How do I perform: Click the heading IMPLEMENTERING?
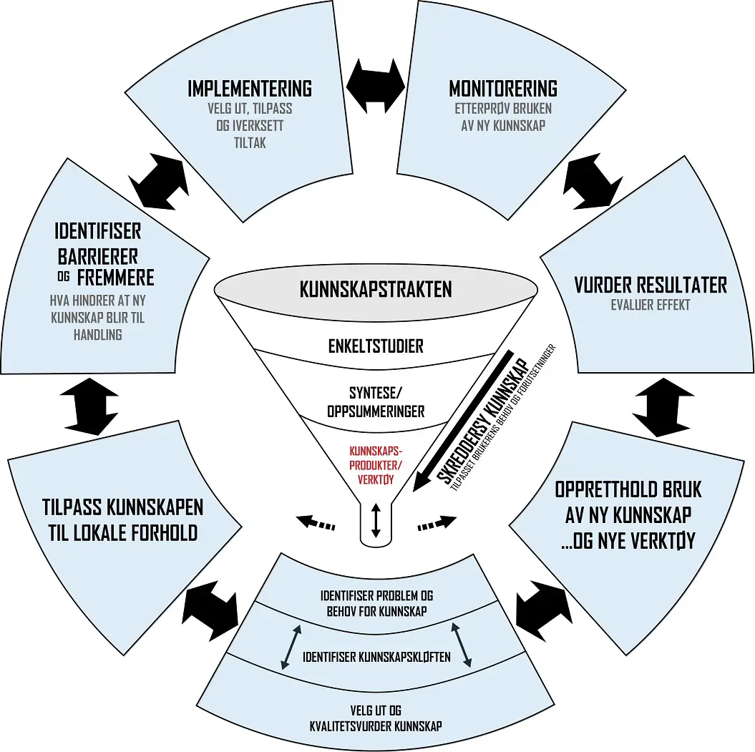(x=250, y=89)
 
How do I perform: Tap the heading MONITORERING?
(x=502, y=89)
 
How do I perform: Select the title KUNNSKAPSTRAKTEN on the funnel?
(x=376, y=290)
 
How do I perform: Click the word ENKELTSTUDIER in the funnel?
(x=376, y=346)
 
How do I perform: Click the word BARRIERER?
(x=97, y=255)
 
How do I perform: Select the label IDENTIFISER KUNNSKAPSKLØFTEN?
(x=376, y=656)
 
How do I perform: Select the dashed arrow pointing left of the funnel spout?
(x=316, y=522)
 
